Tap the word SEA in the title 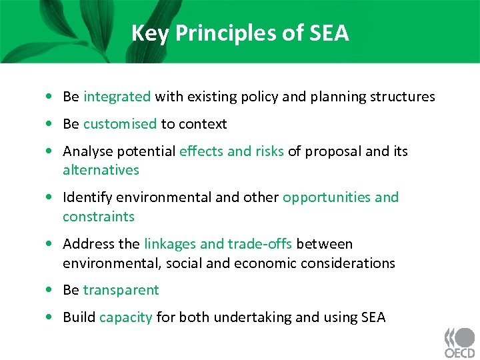(329, 33)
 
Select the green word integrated (117, 97)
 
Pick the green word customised (120, 124)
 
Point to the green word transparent (121, 290)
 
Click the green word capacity (125, 317)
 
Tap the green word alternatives (101, 170)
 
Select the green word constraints (99, 217)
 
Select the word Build (79, 317)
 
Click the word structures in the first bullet (403, 97)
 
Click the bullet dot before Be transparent (51, 291)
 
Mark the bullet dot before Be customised (51, 125)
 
